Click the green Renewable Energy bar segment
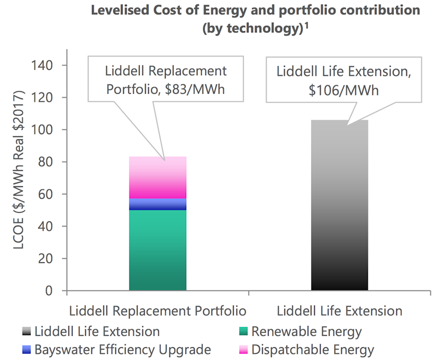(x=158, y=250)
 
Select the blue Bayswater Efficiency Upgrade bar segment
(x=158, y=204)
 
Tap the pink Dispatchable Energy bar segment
(x=158, y=177)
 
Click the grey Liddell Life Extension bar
(x=339, y=205)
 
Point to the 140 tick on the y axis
(x=45, y=65)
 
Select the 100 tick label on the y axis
(x=45, y=129)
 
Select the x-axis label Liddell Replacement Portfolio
(x=158, y=311)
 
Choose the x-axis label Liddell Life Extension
(x=339, y=311)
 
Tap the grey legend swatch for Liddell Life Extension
(x=25, y=331)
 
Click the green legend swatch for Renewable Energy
(x=242, y=331)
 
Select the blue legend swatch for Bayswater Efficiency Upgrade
(x=25, y=350)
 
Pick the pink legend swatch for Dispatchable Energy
(x=242, y=350)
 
